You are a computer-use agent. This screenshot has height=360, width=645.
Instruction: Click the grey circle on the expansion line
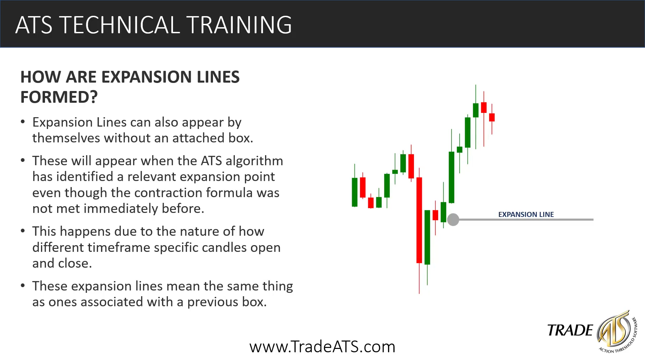pos(453,220)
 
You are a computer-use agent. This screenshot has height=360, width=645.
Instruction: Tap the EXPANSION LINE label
pos(526,214)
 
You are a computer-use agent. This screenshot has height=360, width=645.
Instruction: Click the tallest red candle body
pos(419,220)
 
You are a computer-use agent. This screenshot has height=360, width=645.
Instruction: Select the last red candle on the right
pos(492,117)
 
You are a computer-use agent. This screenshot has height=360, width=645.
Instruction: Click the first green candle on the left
pos(355,192)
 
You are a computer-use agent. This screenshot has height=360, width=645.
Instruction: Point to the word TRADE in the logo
pos(570,330)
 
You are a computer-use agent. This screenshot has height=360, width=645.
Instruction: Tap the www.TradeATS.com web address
pos(322,347)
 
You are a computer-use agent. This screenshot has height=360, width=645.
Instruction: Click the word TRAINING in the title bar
pos(239,25)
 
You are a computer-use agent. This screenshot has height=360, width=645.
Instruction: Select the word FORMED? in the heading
pos(59,97)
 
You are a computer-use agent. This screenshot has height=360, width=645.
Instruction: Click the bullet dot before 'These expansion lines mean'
pos(23,286)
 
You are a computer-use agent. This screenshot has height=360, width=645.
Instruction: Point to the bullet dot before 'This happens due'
pos(23,231)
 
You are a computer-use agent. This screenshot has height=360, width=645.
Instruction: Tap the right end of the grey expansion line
pos(593,220)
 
